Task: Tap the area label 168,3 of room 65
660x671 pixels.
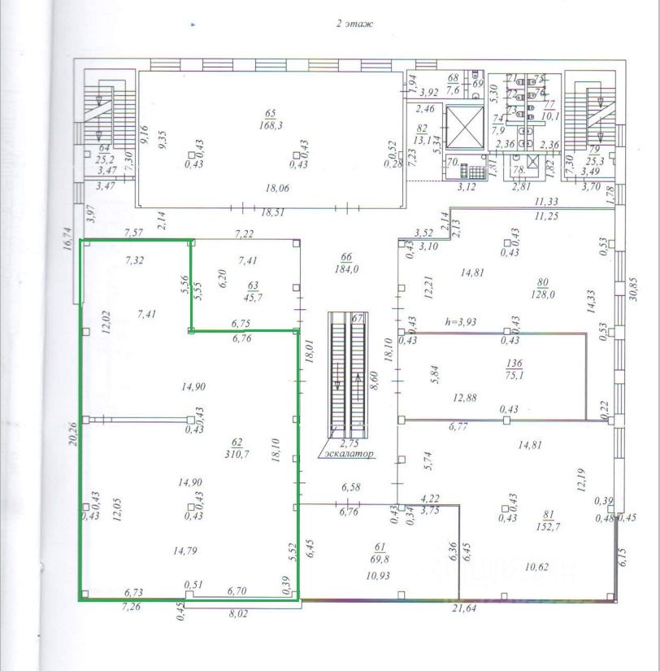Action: pos(271,126)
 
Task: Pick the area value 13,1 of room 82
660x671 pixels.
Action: pos(422,139)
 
